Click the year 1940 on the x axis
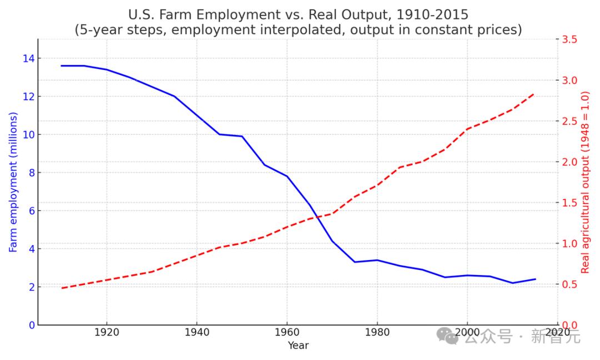pos(196,332)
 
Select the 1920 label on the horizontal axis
pos(106,332)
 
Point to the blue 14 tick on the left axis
pos(28,58)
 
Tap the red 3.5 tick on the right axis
pos(569,39)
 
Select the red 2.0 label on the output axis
pos(569,162)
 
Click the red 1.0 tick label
pos(569,243)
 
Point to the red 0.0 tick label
pos(569,325)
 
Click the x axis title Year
pos(298,346)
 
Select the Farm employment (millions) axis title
pos(13,182)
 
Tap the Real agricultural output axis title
pos(585,182)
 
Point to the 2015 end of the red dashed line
pos(534,93)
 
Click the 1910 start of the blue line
pos(62,66)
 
